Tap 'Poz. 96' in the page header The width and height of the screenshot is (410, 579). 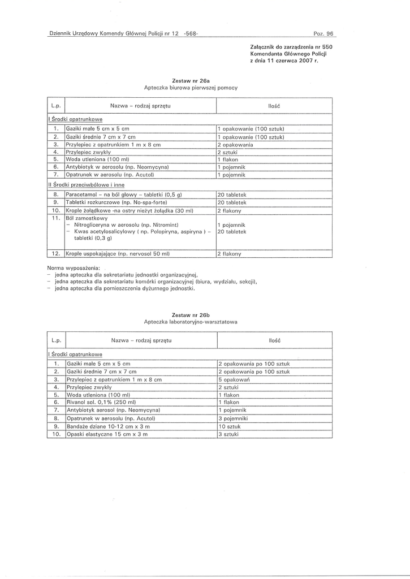pos(323,34)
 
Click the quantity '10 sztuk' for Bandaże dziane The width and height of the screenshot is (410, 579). pos(230,426)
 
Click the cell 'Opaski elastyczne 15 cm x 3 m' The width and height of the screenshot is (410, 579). pos(107,434)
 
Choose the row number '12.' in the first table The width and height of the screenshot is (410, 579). pos(55,254)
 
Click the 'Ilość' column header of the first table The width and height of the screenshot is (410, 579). pos(274,106)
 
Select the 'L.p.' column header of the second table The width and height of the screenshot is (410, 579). pos(55,340)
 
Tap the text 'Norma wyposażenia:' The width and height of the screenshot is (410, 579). pos(74,266)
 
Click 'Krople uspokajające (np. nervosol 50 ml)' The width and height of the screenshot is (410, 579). pos(118,254)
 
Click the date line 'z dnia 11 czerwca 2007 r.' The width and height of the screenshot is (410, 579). pos(283,61)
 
